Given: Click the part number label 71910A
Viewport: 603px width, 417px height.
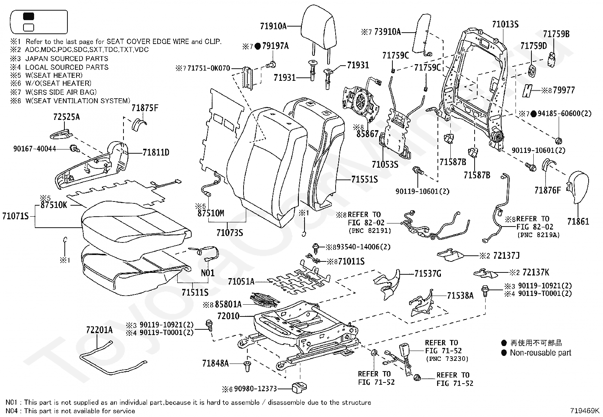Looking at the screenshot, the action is pos(273,26).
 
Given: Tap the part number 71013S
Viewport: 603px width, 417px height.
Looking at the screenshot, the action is pos(505,24).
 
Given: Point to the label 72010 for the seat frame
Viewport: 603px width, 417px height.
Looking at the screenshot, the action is pos(228,316).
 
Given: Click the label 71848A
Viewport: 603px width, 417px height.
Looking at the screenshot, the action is pos(216,363).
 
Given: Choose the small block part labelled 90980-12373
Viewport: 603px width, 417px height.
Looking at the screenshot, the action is pos(299,388).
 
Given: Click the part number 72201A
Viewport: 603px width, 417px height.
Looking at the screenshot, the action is pos(99,330).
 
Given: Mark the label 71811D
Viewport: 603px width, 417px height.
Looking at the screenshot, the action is pos(156,153).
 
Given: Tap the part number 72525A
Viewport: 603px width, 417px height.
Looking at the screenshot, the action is pos(67,117).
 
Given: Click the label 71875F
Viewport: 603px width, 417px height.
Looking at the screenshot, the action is pos(145,108).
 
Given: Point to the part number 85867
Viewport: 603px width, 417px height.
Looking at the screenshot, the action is pos(367,134).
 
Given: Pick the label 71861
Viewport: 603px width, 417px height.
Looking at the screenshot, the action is pos(578,222).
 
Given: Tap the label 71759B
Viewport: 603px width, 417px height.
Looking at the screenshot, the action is pos(556,34).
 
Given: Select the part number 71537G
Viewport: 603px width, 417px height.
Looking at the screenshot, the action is pos(428,274).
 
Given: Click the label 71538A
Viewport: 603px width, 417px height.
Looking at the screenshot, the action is pos(460,296).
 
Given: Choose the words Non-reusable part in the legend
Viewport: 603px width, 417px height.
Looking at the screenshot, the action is pos(541,352).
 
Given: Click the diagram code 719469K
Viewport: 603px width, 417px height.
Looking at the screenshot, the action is pos(584,411).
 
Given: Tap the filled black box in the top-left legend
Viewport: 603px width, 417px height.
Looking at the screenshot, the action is pos(28,16).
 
